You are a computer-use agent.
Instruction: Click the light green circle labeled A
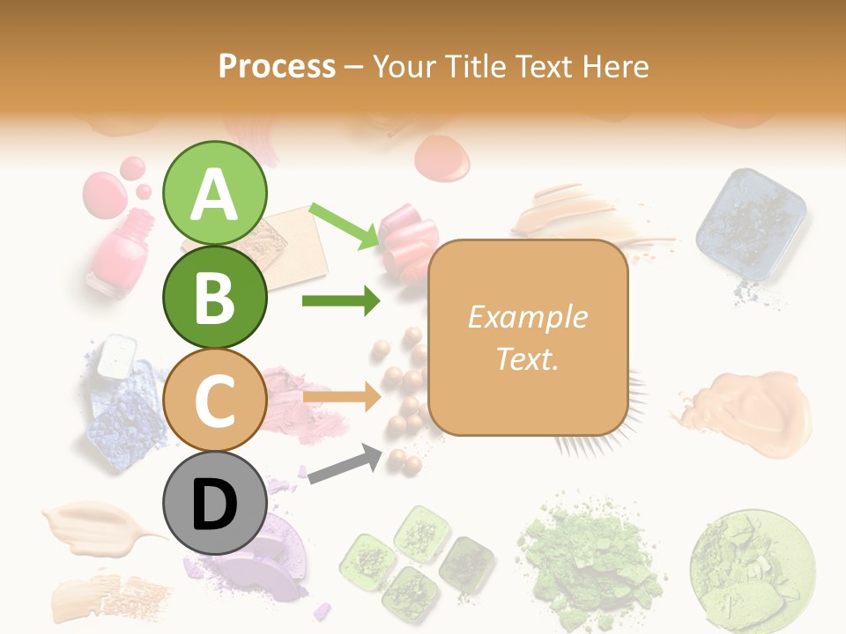click(x=214, y=193)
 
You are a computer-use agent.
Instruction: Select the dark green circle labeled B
click(x=214, y=297)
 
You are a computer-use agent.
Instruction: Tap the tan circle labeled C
click(x=214, y=400)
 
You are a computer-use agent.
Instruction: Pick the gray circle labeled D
click(x=214, y=504)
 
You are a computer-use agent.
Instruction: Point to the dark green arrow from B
click(x=340, y=301)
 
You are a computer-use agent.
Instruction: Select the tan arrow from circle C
click(x=340, y=396)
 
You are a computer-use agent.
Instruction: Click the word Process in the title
click(x=277, y=66)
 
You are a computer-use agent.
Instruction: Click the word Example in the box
click(x=527, y=317)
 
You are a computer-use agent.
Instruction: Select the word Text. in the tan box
click(x=527, y=359)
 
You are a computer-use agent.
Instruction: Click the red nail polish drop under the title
click(x=442, y=157)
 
